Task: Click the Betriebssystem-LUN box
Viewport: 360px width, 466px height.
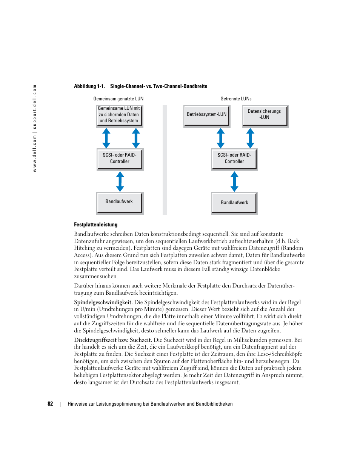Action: point(206,115)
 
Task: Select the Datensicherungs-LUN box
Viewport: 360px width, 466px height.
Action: point(265,115)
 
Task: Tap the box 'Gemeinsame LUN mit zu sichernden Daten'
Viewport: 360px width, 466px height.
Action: point(119,115)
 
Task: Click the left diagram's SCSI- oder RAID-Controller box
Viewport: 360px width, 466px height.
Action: point(120,159)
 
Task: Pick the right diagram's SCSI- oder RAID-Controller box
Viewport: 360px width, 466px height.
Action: point(234,159)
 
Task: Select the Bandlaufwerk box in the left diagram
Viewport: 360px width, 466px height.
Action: point(120,202)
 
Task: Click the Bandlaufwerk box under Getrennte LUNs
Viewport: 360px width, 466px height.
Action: point(234,203)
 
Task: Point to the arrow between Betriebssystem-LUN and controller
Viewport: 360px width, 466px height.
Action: point(221,138)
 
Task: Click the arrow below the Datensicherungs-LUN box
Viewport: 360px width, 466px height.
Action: point(250,138)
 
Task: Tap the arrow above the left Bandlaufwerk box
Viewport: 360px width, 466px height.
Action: point(120,181)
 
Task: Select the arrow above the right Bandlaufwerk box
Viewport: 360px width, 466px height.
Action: point(234,181)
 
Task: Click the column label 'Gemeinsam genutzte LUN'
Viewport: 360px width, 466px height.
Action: point(118,99)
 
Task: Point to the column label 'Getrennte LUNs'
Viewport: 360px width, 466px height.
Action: point(236,99)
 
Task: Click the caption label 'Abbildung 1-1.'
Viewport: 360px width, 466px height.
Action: point(89,86)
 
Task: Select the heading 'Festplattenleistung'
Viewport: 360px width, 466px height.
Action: point(95,225)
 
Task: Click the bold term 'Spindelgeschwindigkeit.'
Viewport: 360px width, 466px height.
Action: point(103,302)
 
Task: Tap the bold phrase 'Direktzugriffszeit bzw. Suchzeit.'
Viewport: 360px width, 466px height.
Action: point(113,340)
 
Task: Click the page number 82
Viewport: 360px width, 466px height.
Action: point(50,404)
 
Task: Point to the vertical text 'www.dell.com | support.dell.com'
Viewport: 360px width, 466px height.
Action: point(35,128)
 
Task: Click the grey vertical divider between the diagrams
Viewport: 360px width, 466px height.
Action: point(165,160)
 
